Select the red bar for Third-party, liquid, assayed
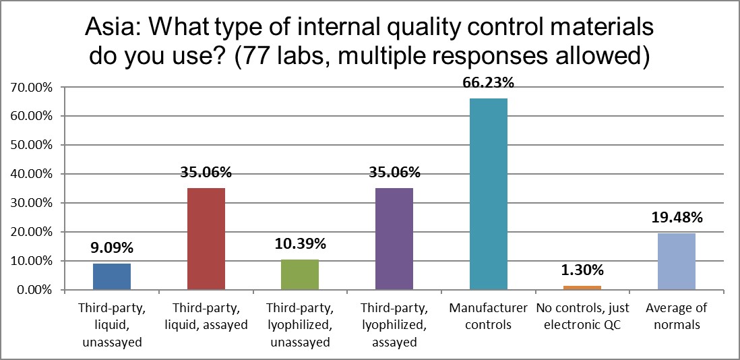tap(206, 239)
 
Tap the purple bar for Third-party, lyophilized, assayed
tap(395, 239)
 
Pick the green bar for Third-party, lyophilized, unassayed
tap(301, 275)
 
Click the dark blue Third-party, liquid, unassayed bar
tap(112, 276)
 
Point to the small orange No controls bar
tap(583, 288)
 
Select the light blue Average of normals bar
tap(677, 262)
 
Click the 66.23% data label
tap(489, 84)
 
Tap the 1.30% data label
tap(583, 271)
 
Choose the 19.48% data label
tap(677, 218)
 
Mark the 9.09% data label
tap(112, 248)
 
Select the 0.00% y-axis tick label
tap(31, 290)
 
